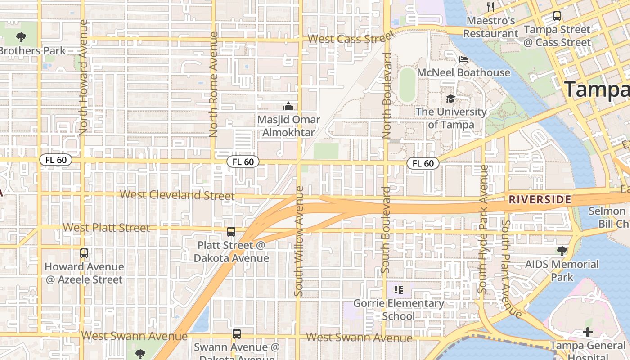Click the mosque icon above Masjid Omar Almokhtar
pyautogui.click(x=288, y=106)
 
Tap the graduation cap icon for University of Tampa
pyautogui.click(x=450, y=99)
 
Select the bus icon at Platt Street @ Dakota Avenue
pyautogui.click(x=231, y=232)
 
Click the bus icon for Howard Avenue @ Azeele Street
pyautogui.click(x=84, y=253)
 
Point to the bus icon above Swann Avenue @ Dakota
pyautogui.click(x=237, y=334)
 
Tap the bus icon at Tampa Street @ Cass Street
pyautogui.click(x=557, y=16)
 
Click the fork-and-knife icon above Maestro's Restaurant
pyautogui.click(x=490, y=7)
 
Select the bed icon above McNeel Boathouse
pyautogui.click(x=463, y=59)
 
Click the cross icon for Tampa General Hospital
pyautogui.click(x=588, y=332)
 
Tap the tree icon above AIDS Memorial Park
pyautogui.click(x=562, y=251)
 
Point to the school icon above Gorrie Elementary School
pyautogui.click(x=398, y=289)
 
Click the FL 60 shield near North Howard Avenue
pyautogui.click(x=56, y=160)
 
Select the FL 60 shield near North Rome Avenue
pyautogui.click(x=243, y=162)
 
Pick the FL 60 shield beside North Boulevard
pyautogui.click(x=423, y=163)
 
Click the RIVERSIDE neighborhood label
pyautogui.click(x=540, y=199)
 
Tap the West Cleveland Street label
pyautogui.click(x=177, y=195)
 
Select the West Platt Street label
pyautogui.click(x=106, y=228)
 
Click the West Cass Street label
pyautogui.click(x=351, y=38)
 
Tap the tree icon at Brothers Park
pyautogui.click(x=21, y=37)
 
